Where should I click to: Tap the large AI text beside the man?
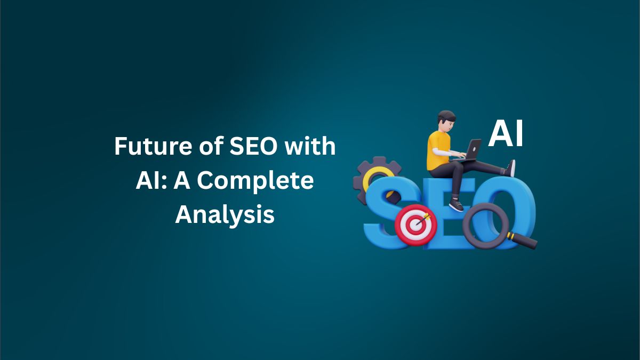[506, 134]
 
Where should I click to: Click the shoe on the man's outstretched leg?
[511, 168]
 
